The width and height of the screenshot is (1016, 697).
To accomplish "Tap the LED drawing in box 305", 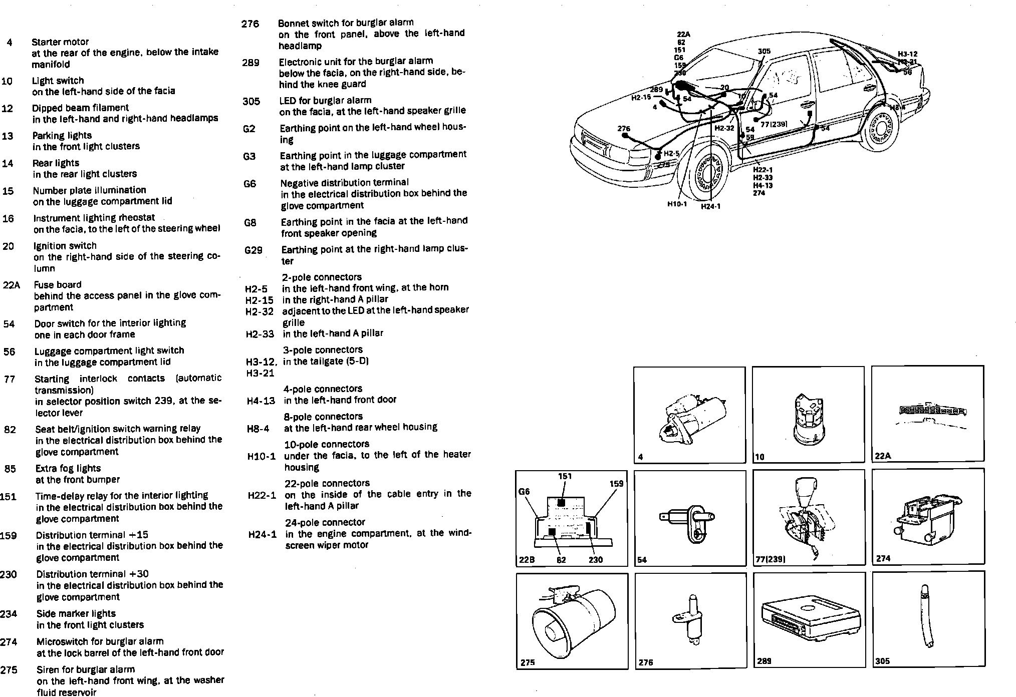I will (x=927, y=616).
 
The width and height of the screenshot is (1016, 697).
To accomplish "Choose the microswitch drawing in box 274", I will (x=926, y=520).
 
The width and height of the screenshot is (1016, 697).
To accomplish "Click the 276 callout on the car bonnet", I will (x=624, y=129).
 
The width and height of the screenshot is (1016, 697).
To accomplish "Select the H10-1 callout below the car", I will (x=676, y=204).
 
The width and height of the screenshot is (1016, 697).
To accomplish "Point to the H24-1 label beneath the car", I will (x=710, y=206).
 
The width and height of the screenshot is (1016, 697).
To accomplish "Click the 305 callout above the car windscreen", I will (x=764, y=51).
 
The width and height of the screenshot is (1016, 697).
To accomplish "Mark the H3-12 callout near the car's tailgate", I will (x=907, y=54).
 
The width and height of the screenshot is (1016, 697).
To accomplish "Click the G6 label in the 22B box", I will (x=524, y=492).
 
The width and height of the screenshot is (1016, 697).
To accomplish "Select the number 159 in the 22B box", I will (x=616, y=484).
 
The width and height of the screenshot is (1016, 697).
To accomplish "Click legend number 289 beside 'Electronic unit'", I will (x=250, y=63).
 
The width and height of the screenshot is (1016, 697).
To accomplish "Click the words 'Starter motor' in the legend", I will (x=60, y=42).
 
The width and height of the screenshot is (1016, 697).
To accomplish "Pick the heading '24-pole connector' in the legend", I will (x=325, y=522).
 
